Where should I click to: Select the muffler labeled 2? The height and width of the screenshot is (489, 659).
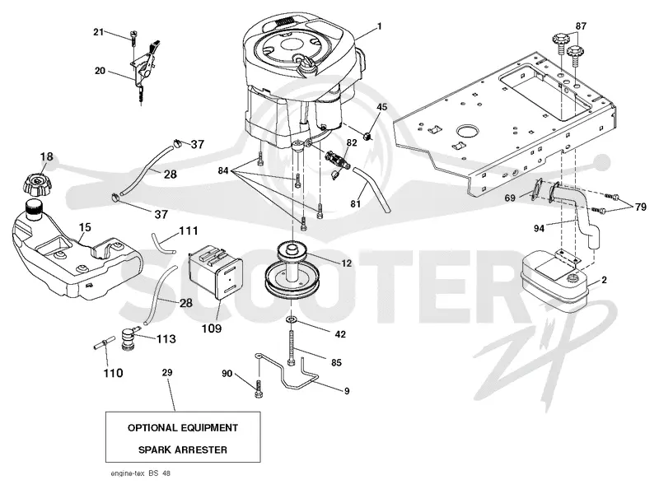coord(554,282)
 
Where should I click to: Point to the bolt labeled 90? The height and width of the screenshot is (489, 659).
coord(258,389)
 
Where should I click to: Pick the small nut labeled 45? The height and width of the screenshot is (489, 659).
coord(368,136)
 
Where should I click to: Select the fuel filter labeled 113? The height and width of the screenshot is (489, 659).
coord(128,338)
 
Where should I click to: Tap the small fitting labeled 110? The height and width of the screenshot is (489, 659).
coord(102,342)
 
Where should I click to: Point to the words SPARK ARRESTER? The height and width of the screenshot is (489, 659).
coord(183,449)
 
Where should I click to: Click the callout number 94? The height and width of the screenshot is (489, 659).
coord(539,228)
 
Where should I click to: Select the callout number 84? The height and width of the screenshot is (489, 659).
coord(223,170)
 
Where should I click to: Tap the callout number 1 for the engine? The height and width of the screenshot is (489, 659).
coord(380,26)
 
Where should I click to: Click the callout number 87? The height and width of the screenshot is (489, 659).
coord(581,26)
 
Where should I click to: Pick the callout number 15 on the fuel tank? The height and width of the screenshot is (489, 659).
coord(85,227)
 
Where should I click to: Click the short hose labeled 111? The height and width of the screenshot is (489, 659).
coord(162,243)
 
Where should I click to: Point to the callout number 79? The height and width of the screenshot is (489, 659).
coord(641,207)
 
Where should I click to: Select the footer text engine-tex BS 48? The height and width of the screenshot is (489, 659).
coord(140,473)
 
